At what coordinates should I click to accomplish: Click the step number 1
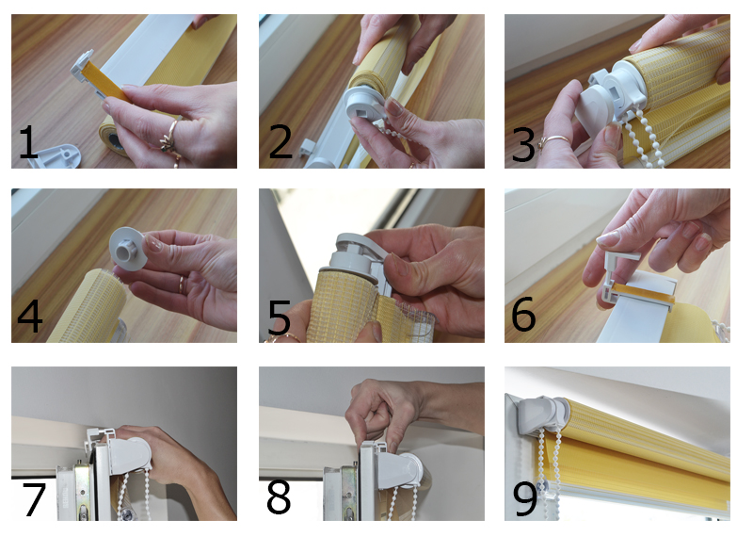pos(28,141)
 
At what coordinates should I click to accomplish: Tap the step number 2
pos(280,141)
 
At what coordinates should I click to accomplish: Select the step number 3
pos(523,144)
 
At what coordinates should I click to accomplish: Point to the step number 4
pos(30,316)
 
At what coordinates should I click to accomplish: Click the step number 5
pos(279,317)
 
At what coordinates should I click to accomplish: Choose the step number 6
pos(523,314)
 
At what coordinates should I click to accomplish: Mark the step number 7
pos(34,500)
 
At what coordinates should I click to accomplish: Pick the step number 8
pos(279,497)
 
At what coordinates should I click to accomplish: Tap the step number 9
pos(525,499)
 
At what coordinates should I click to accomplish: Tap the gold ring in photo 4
pos(182,285)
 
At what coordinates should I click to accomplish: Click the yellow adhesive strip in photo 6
pos(641,292)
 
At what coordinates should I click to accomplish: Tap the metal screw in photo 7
pos(127,515)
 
